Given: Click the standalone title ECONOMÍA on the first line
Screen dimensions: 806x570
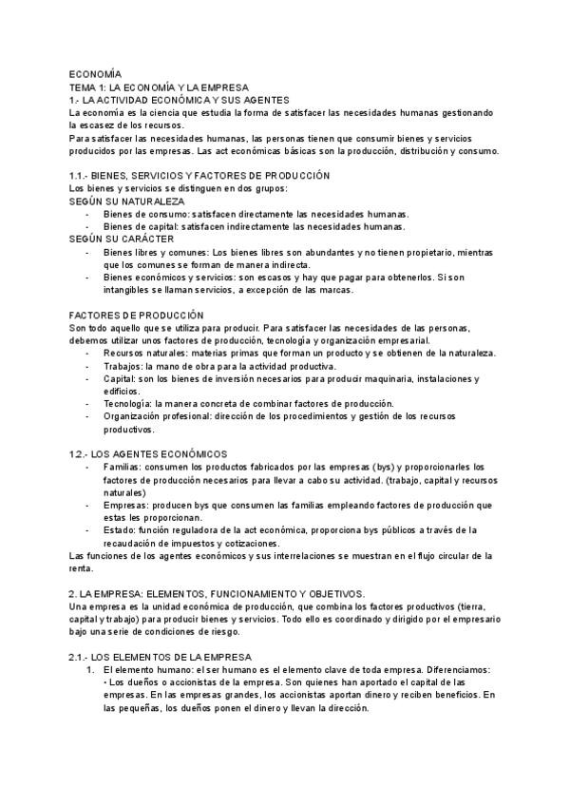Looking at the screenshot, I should coord(96,73).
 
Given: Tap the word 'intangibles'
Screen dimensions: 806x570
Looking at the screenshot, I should coord(128,290).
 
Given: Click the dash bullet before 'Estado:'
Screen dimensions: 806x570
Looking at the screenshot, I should coord(87,529).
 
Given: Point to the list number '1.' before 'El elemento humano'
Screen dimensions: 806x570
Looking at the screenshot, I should coord(91,670).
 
